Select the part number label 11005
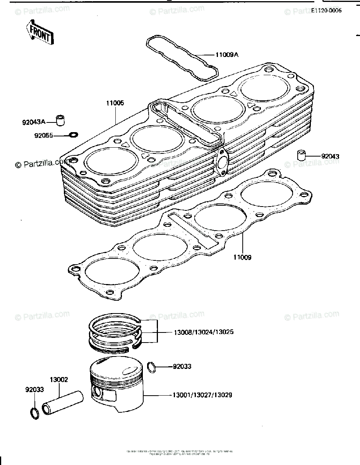(115, 103)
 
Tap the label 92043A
(33, 122)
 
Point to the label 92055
(43, 136)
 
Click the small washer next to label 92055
(73, 135)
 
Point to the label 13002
(58, 380)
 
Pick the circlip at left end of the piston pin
(34, 413)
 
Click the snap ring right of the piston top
(152, 367)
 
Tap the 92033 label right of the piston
(182, 366)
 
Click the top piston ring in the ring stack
(116, 323)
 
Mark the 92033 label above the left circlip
(35, 389)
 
